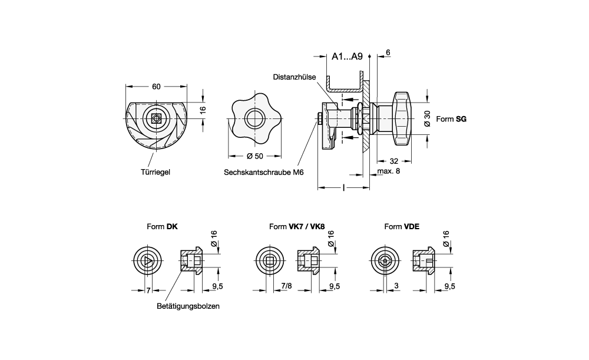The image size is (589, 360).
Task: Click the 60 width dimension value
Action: point(156,87)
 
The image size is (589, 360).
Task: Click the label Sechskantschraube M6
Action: point(263,173)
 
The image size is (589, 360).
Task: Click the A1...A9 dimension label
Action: point(347,57)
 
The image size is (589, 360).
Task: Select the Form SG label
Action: point(452,118)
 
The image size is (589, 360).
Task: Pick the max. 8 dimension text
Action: point(388,171)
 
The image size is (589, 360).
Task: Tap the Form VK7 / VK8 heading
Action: point(296,226)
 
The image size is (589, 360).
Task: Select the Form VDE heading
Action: point(402,226)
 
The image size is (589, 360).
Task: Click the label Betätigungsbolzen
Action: point(184,306)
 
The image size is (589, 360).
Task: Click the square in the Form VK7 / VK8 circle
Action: point(270,260)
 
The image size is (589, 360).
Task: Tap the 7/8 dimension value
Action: point(287,286)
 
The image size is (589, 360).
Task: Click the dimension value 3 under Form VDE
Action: point(396,286)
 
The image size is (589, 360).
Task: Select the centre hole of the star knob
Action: point(255,118)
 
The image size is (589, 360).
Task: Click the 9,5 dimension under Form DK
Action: point(217,286)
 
